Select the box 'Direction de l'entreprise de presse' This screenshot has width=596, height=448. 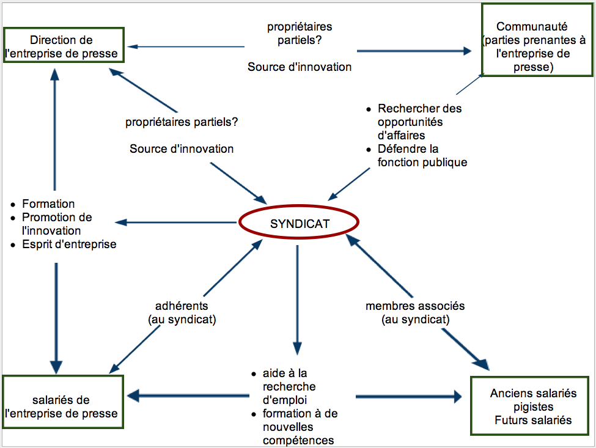[64, 45]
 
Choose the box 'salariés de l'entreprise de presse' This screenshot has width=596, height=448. [64, 406]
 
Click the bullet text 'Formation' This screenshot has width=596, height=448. [48, 204]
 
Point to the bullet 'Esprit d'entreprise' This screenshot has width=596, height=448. [69, 244]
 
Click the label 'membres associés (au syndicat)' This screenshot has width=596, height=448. [415, 312]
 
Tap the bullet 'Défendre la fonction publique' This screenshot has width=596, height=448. [422, 155]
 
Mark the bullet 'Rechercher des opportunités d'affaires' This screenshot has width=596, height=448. [419, 122]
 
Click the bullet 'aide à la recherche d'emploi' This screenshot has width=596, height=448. [289, 386]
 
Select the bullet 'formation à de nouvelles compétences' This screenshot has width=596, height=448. [300, 427]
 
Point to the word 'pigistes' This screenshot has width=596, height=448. [533, 406]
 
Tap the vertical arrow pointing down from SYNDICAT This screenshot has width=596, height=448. [297, 299]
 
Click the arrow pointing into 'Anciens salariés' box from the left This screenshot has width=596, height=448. [410, 397]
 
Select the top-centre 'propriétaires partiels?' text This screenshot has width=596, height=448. [300, 34]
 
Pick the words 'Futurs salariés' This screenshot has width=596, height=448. [534, 420]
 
